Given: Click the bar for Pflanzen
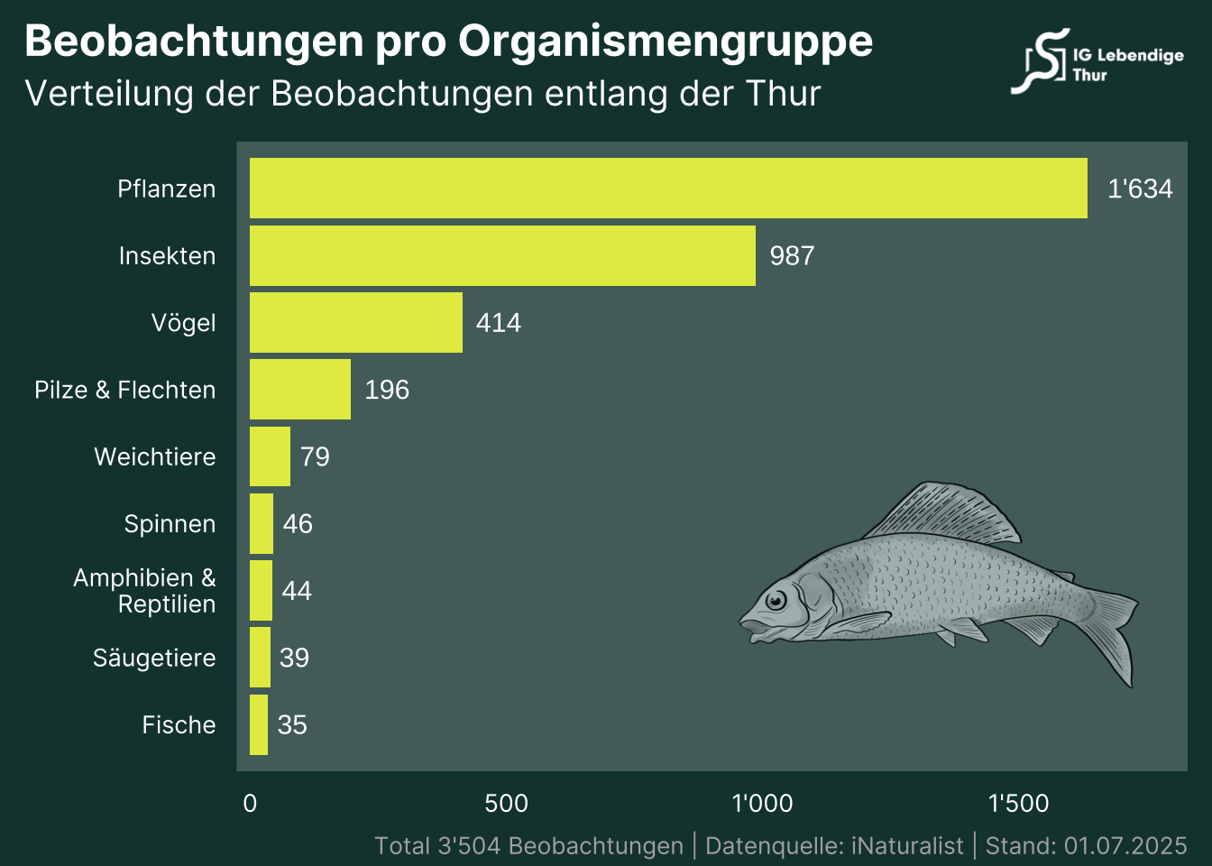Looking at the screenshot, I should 668,188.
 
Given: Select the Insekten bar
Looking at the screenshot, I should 502,255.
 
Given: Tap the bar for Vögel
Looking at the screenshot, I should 356,322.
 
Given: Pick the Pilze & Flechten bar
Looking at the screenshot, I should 300,389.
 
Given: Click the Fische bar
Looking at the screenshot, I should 259,724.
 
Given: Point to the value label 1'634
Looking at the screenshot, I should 1140,189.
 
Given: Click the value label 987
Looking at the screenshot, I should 792,256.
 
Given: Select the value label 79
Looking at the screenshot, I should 315,456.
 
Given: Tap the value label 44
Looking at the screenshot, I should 297,591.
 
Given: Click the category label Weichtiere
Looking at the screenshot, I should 155,456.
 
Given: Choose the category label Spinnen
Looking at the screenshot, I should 170,524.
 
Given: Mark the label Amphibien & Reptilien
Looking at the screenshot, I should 145,591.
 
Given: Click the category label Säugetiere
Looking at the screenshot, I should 154,658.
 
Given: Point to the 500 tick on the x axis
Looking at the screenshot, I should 506,803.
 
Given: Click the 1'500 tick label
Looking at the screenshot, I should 1018,803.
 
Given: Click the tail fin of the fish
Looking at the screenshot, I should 1114,631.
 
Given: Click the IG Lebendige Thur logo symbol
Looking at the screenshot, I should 1042,61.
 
